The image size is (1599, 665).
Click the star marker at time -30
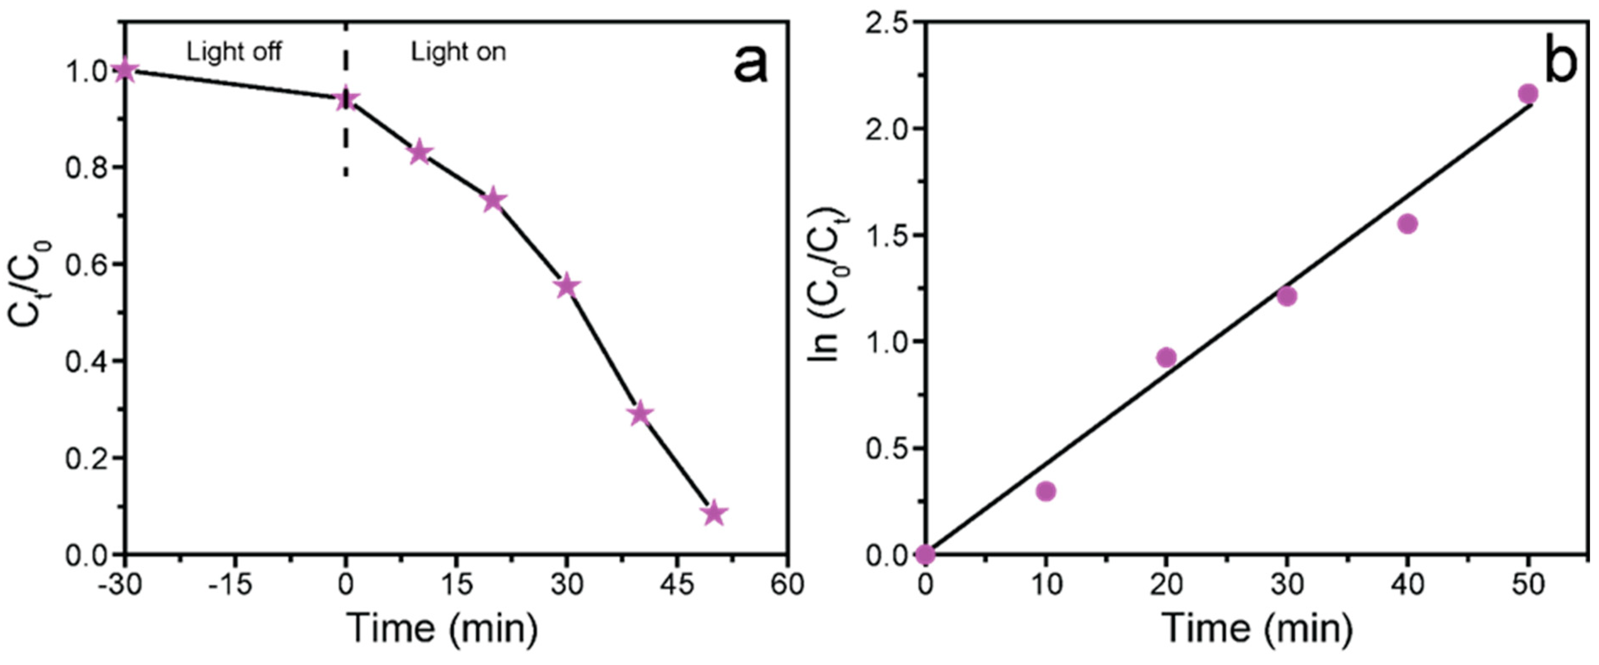125,70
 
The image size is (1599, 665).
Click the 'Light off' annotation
234,52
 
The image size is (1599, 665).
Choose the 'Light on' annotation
458,52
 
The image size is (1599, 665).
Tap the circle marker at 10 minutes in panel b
1046,491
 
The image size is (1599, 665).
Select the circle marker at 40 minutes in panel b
1408,224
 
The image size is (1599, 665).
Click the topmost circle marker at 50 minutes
1528,94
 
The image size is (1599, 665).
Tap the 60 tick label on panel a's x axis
787,584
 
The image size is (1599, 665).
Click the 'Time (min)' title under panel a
442,628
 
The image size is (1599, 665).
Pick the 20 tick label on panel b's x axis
1166,584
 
